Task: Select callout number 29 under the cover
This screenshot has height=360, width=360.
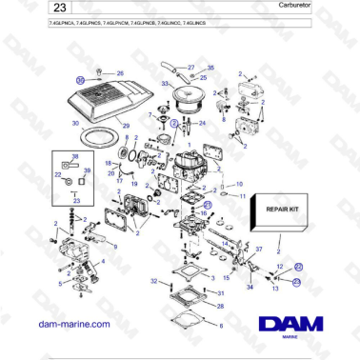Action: tap(124, 127)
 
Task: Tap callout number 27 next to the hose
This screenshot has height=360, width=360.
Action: tap(190, 68)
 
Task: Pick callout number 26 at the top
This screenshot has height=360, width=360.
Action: tap(119, 73)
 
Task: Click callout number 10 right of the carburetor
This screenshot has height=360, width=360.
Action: tap(240, 184)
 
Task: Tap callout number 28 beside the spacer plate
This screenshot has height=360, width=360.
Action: tap(220, 307)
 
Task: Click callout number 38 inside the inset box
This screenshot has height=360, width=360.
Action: tap(75, 155)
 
